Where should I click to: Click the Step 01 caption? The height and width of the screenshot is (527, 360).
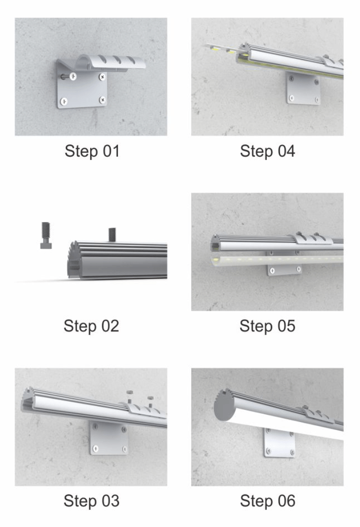click(x=92, y=151)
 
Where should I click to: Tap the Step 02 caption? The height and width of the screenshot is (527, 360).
click(x=91, y=325)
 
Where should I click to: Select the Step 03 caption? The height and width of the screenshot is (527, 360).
click(x=91, y=501)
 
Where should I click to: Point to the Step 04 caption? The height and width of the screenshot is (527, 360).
click(x=267, y=151)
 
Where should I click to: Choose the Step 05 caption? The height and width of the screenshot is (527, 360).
click(x=267, y=325)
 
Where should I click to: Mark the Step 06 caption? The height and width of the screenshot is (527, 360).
click(x=268, y=501)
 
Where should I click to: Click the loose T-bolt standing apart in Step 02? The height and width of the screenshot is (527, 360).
click(x=46, y=235)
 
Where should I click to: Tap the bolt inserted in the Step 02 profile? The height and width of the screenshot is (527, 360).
click(x=112, y=235)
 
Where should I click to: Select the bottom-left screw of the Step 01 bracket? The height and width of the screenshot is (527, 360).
click(x=63, y=101)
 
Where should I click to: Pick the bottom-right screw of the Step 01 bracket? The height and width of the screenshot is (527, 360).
click(x=102, y=100)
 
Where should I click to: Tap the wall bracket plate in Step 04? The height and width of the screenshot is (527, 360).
click(x=303, y=88)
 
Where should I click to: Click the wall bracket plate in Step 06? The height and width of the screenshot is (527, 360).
click(x=280, y=442)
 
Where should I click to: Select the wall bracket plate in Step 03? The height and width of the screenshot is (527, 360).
click(x=109, y=438)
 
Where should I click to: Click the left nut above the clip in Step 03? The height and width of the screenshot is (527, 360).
click(x=129, y=392)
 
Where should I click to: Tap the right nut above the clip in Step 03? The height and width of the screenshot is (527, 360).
click(x=150, y=398)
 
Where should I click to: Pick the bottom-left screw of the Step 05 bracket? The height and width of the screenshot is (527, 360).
click(x=272, y=270)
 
